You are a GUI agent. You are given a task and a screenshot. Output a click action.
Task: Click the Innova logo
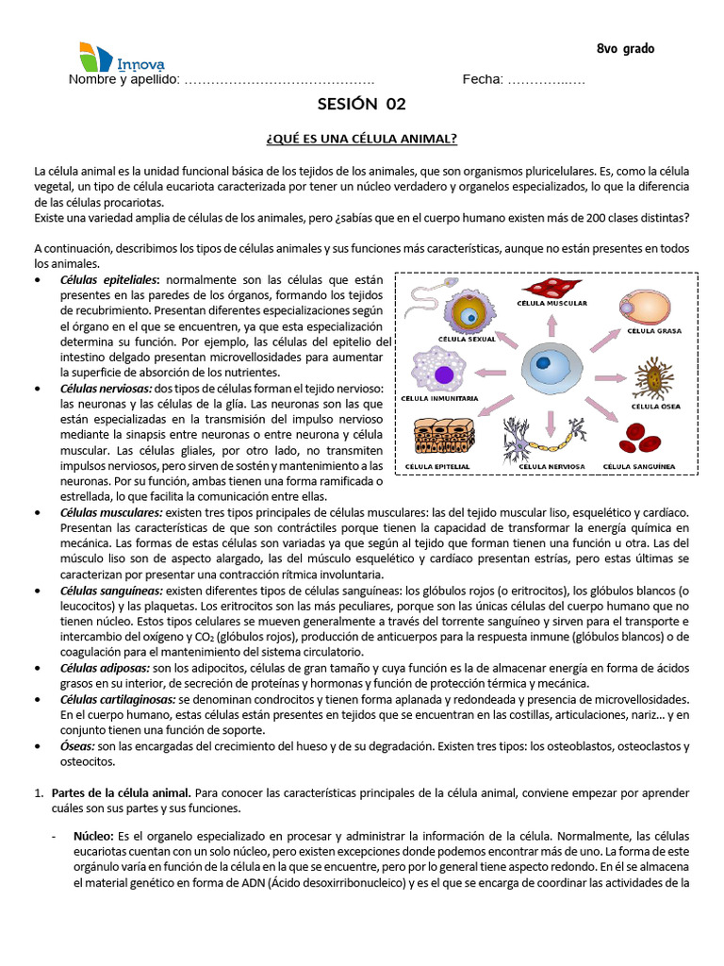121,58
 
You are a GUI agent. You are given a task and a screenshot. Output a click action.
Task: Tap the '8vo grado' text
625,49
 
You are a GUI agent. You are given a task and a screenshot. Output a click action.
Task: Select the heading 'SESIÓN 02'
361,104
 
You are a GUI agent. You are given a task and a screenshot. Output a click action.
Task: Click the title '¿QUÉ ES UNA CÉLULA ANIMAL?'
361,139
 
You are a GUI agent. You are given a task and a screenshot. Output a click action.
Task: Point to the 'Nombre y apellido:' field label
123,79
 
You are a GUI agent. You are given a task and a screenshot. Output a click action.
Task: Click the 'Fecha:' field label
483,79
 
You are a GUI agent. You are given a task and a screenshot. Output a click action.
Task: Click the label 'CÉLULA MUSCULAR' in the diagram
552,304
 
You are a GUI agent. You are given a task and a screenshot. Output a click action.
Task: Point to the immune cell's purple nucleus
444,374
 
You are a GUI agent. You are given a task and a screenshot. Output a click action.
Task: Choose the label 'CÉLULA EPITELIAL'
439,466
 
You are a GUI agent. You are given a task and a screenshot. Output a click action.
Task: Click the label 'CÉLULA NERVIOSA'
552,466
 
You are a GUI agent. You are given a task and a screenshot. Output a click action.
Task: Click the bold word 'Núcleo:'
93,836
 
